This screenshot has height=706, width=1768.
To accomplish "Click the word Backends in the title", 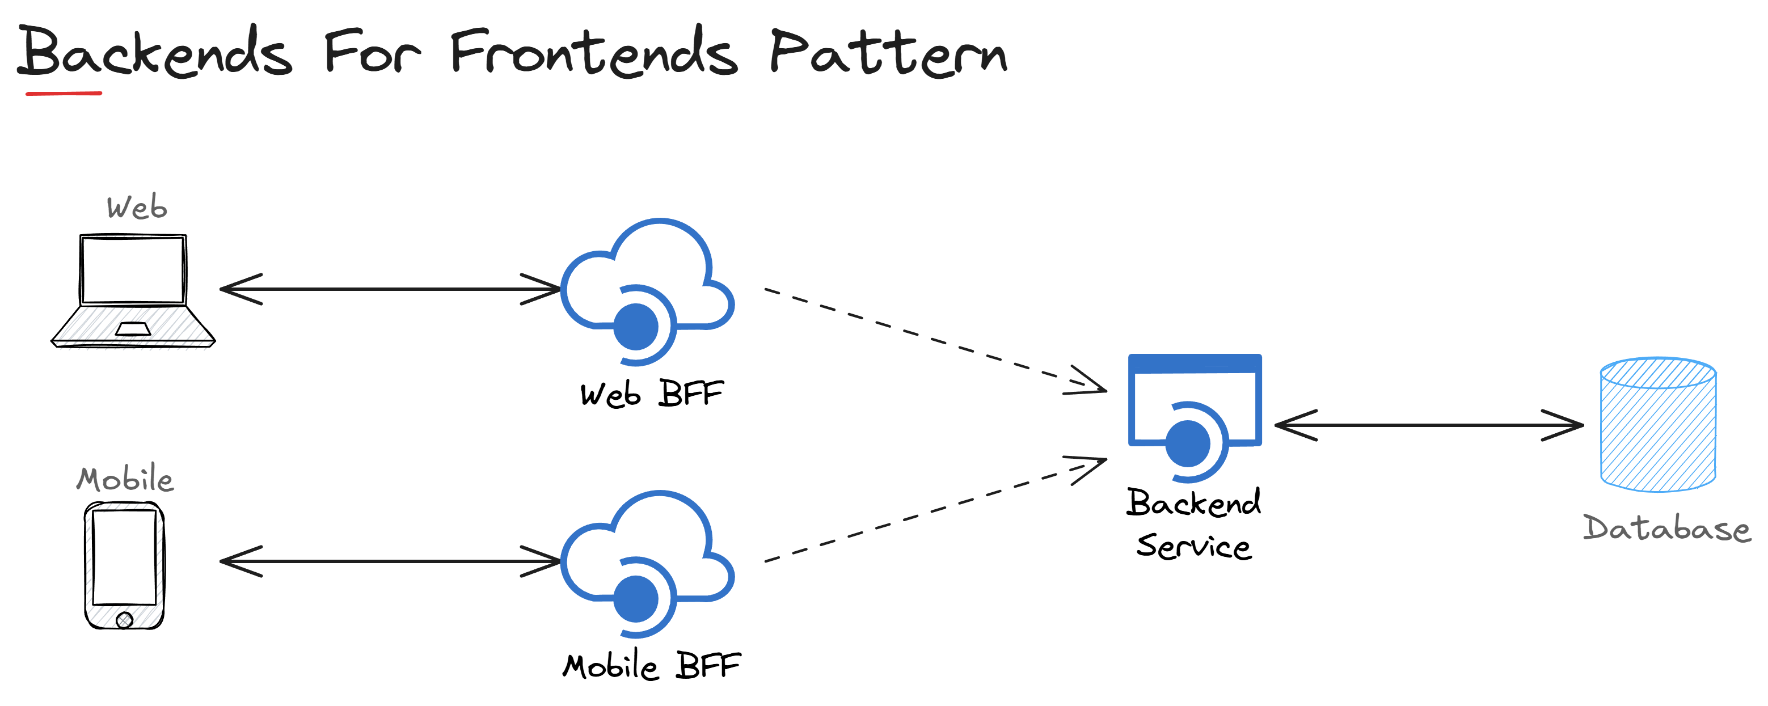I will pos(155,52).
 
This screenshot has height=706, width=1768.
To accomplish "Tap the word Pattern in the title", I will pos(888,52).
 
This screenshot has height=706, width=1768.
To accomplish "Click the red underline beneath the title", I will pos(64,92).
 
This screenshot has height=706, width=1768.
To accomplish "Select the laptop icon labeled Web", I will pos(133,291).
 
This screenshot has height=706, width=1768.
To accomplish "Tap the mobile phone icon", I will pos(124,565).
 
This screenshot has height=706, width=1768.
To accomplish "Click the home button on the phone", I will pos(124,620).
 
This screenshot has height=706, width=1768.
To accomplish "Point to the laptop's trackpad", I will pos(133,329).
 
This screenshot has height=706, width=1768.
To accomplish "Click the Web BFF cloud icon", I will pos(647,288).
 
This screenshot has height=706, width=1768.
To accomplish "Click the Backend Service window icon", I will pos(1194,412).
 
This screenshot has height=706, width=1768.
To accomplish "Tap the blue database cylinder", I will pos(1658,425).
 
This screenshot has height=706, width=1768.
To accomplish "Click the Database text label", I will pos(1666,529).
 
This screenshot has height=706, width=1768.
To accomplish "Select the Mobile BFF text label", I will pos(651,666).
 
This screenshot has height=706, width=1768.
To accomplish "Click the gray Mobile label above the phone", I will pos(125,479).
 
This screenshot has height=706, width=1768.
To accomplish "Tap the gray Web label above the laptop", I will pos(137,207).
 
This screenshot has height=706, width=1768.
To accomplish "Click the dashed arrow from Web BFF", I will pos(934,340).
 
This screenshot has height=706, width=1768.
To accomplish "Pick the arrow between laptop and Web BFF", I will pos(390,289).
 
